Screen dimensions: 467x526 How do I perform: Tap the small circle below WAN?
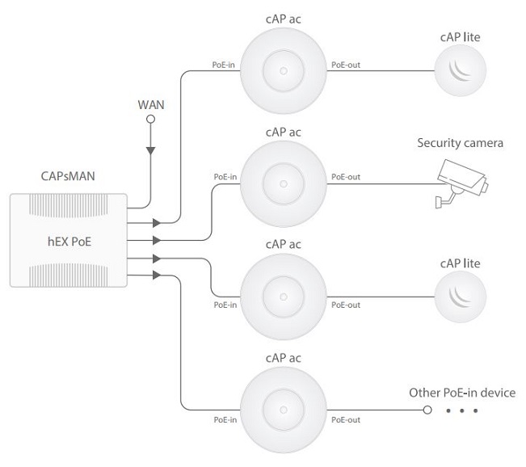[x=149, y=120]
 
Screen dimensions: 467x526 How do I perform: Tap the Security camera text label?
[x=460, y=144]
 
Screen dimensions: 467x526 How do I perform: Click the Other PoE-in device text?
[x=461, y=393]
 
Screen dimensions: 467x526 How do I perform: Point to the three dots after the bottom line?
[x=462, y=411]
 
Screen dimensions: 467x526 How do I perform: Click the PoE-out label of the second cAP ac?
[x=347, y=177]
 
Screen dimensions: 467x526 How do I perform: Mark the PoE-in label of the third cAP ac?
[x=225, y=305]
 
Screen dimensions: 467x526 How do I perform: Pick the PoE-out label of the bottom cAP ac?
[x=347, y=419]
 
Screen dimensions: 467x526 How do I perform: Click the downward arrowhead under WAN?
[x=149, y=151]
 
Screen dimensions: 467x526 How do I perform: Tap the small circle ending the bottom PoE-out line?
[x=427, y=410]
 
